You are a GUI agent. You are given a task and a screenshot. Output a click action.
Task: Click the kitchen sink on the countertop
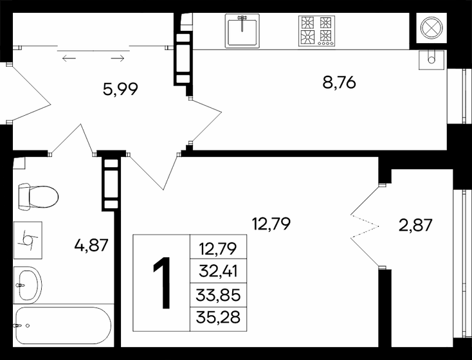click(x=242, y=30)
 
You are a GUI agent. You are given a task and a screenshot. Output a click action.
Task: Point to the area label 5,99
click(x=122, y=89)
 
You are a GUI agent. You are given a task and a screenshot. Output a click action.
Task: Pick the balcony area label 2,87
click(x=415, y=225)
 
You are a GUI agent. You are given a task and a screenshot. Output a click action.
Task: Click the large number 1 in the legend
click(x=161, y=283)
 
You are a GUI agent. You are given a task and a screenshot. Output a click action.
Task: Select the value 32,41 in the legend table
click(x=219, y=271)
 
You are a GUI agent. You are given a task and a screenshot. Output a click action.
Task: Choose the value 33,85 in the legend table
click(x=219, y=296)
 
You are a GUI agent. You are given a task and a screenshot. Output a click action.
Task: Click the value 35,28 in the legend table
click(x=219, y=319)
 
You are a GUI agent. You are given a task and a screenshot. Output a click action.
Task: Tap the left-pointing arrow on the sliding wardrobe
click(x=69, y=59)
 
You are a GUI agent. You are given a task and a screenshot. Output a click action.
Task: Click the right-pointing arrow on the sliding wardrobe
click(x=117, y=59)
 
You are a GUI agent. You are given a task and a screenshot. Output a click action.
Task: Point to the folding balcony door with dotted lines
click(x=364, y=224)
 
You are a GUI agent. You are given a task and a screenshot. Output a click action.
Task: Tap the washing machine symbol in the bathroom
click(x=28, y=237)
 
